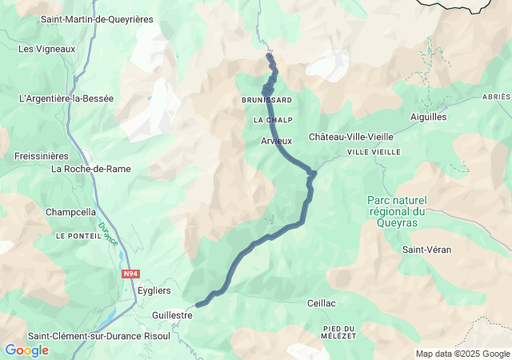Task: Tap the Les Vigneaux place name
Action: click(x=46, y=49)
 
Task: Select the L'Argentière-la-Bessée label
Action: click(x=66, y=98)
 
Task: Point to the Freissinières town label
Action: click(x=42, y=156)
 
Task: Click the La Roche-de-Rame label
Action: click(x=90, y=169)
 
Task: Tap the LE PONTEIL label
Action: click(x=76, y=237)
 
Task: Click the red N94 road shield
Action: click(x=130, y=274)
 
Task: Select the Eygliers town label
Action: click(x=154, y=290)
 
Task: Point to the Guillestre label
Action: click(x=172, y=315)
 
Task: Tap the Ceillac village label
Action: click(x=321, y=303)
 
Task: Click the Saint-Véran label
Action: click(x=426, y=250)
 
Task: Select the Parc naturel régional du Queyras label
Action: click(x=398, y=212)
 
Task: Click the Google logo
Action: click(x=26, y=350)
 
